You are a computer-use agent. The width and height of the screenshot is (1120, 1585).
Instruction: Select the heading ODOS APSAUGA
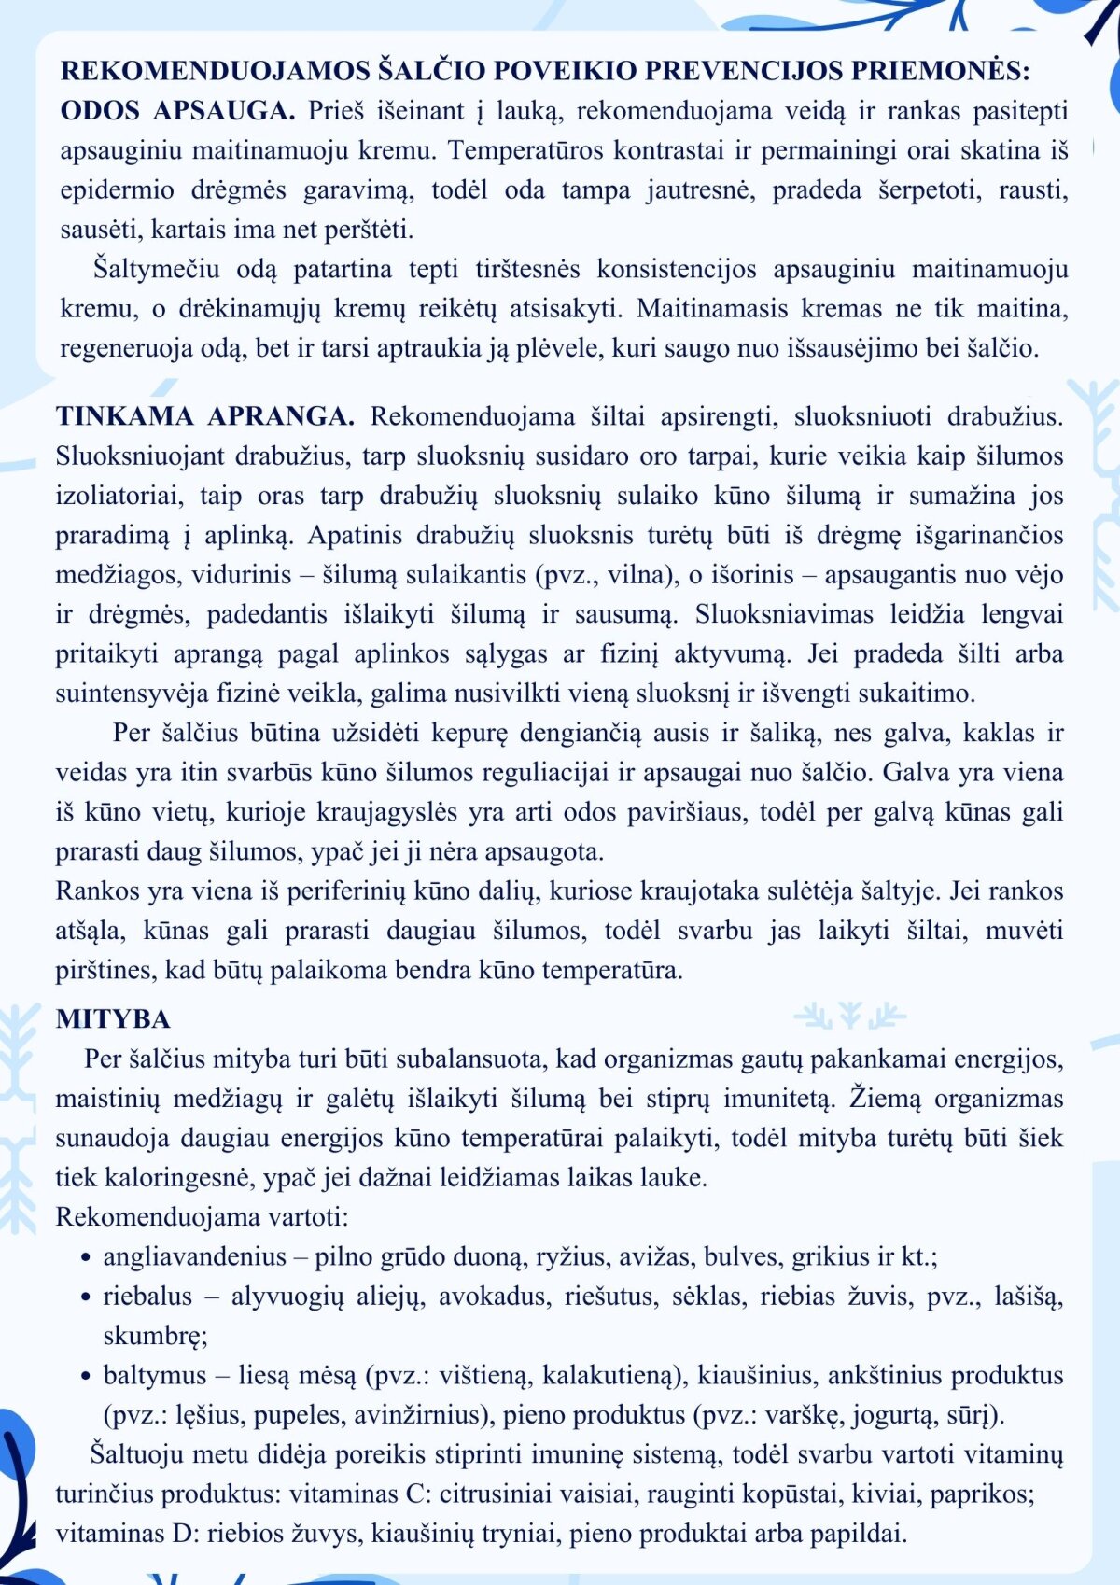pyautogui.click(x=177, y=111)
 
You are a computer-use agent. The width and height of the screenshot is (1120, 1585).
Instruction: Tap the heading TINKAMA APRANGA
pyautogui.click(x=204, y=416)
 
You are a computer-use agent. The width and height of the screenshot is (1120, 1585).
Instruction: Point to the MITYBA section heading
pyautogui.click(x=113, y=1018)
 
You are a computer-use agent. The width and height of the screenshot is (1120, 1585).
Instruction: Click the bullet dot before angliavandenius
pyautogui.click(x=86, y=1258)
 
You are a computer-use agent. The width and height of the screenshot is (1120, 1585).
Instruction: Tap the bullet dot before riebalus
pyautogui.click(x=86, y=1297)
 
